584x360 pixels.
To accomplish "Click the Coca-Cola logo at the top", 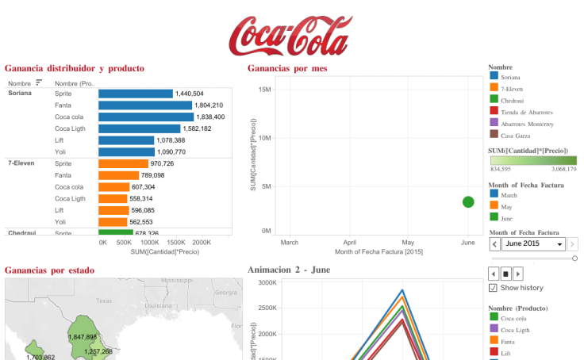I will (290, 33).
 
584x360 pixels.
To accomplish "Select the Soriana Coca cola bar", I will (145, 117).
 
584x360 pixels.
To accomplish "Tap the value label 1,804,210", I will (209, 105).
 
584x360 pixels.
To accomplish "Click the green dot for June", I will (468, 202).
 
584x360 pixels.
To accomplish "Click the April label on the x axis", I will (349, 242).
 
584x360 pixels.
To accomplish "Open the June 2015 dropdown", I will (560, 244).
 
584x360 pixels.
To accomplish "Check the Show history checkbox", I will (494, 288).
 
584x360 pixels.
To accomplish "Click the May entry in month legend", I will (506, 206).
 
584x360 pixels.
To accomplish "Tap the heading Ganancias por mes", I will (287, 69).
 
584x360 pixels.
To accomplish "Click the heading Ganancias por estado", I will (49, 270).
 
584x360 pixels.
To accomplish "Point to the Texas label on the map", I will (105, 301).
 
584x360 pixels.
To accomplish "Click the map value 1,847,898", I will (83, 337).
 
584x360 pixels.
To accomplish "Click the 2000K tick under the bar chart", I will (202, 243).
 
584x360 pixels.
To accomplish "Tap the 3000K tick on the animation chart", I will (265, 282).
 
